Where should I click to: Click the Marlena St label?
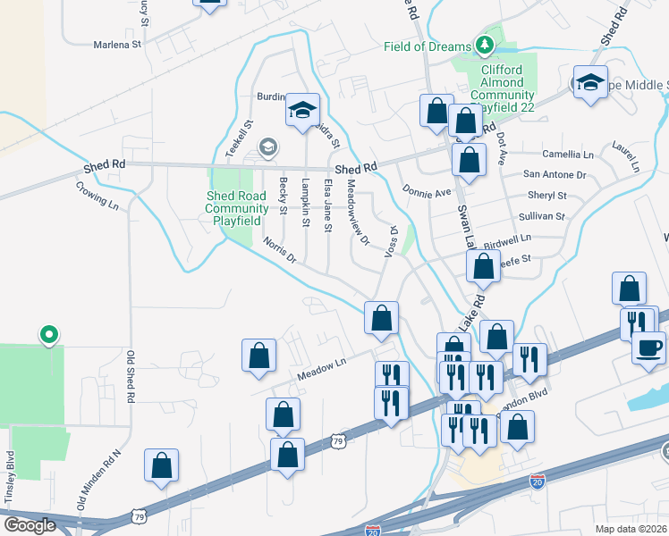pos(118,43)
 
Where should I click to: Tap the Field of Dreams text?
pos(428,46)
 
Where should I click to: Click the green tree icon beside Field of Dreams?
pos(484,44)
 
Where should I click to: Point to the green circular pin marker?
pos(49,335)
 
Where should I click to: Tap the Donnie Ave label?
pos(428,191)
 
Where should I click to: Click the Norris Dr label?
pos(279,250)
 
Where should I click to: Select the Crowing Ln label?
pos(97,195)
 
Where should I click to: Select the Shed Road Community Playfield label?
pos(237,209)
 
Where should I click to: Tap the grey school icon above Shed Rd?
pos(267,147)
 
